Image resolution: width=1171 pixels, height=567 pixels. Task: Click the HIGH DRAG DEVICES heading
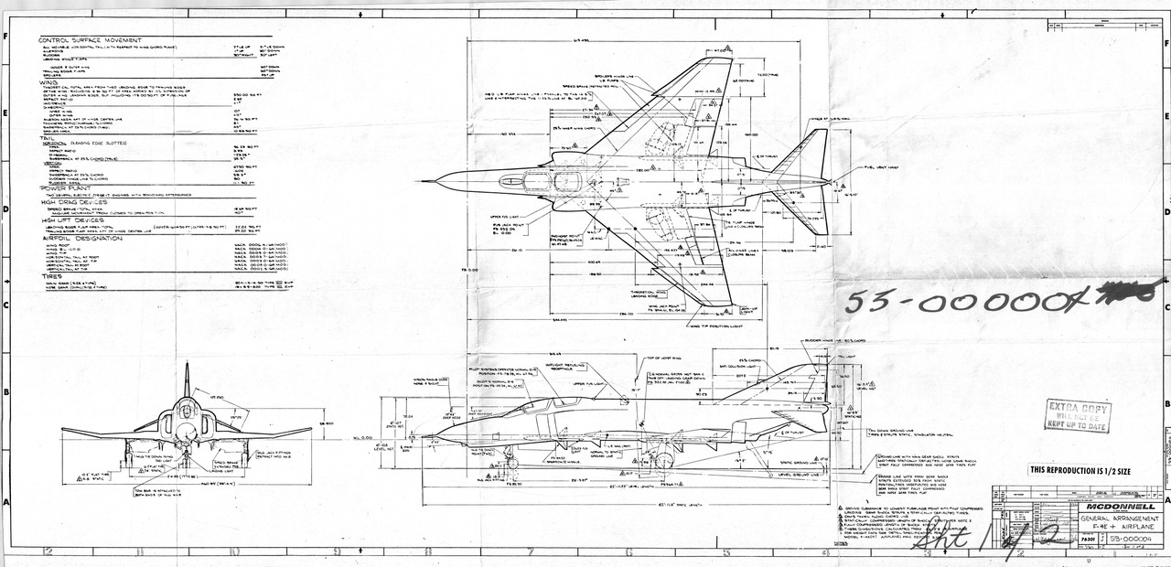(x=75, y=201)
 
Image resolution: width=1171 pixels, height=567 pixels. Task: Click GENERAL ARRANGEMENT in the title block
(x=1118, y=520)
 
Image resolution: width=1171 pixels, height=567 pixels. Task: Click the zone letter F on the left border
(x=6, y=38)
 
